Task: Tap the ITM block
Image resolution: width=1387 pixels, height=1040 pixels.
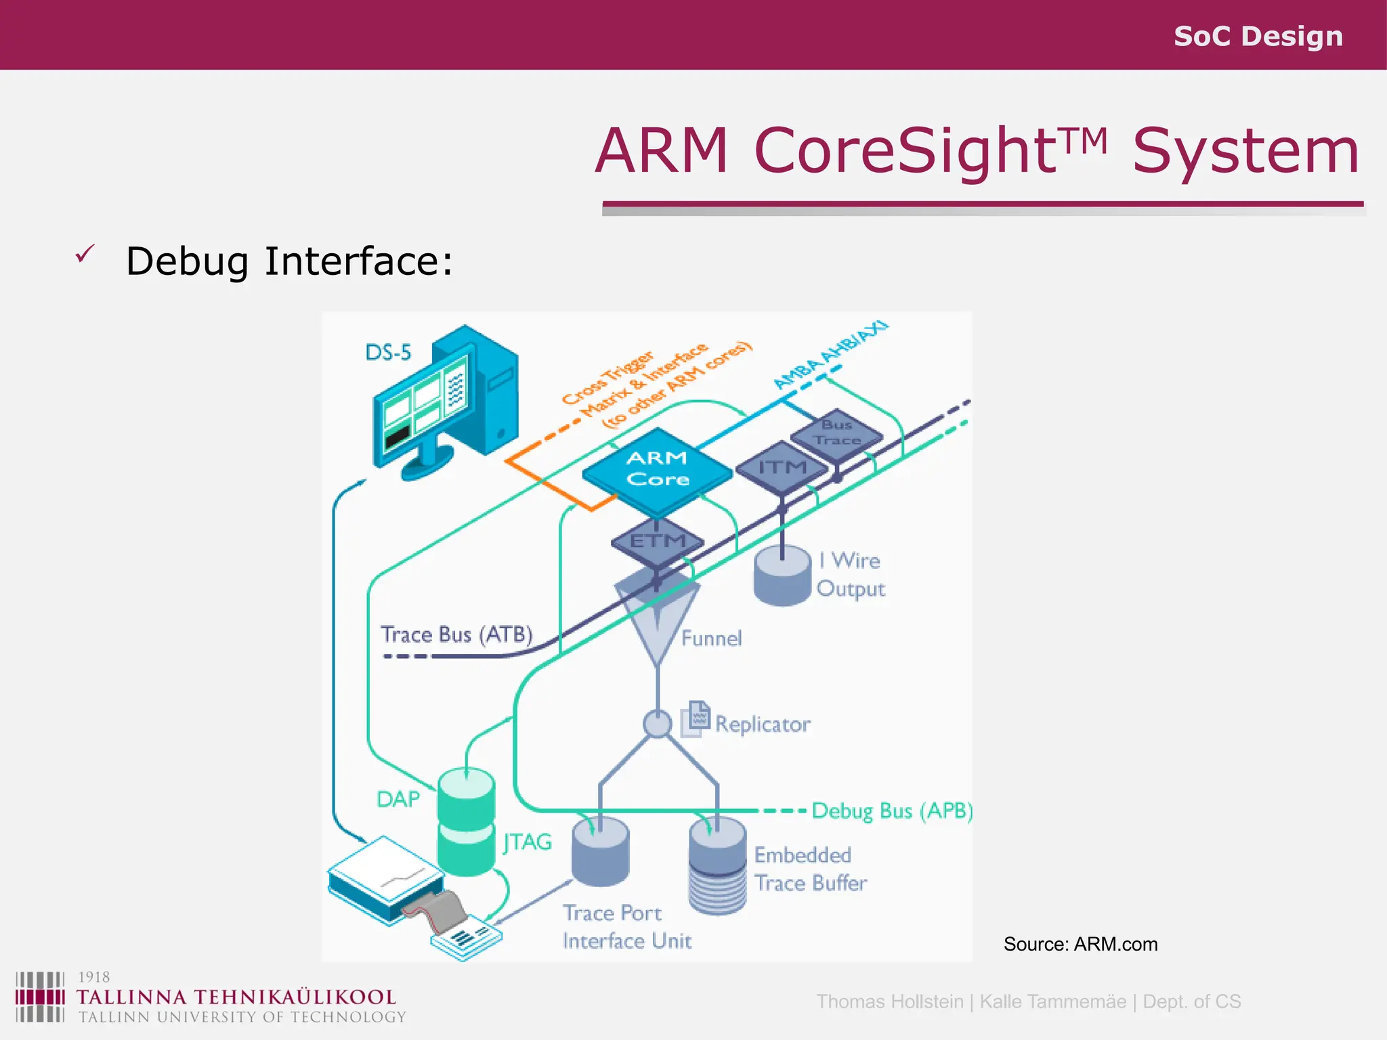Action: (782, 468)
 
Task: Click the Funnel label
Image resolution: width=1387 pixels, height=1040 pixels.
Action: (711, 638)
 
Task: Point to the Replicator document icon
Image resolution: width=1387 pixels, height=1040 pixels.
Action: (697, 718)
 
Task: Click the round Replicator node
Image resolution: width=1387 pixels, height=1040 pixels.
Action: (656, 724)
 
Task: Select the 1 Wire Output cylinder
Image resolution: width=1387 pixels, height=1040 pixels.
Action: (782, 577)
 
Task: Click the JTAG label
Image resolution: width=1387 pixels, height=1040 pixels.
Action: (528, 842)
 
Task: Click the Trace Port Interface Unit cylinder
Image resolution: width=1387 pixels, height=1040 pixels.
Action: (600, 852)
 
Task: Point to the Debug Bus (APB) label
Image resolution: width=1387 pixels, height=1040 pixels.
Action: (892, 810)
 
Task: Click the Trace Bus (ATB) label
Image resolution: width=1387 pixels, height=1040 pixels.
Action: (456, 634)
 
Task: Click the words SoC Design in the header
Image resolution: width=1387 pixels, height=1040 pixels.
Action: (1258, 36)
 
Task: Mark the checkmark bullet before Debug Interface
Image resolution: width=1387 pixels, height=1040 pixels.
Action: (85, 255)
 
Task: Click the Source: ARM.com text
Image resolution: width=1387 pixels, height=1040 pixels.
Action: (1080, 944)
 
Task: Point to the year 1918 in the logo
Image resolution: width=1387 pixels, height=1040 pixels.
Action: (94, 977)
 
